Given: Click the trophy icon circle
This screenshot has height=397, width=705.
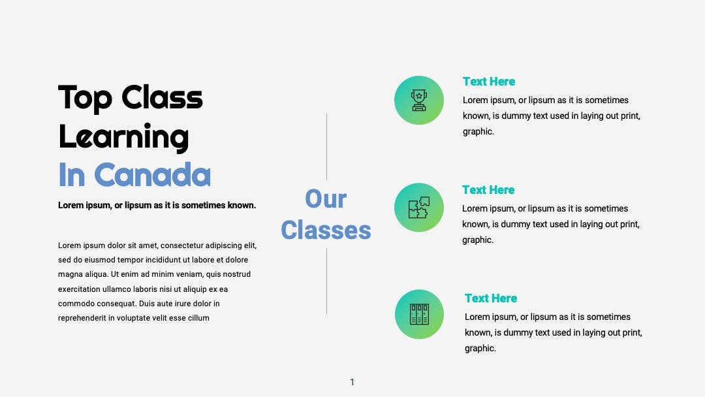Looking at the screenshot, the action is click(419, 101).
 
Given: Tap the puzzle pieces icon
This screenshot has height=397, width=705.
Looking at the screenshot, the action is click(419, 208).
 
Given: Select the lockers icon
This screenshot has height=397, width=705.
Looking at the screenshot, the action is click(420, 314).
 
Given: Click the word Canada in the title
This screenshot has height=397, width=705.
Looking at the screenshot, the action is click(152, 175).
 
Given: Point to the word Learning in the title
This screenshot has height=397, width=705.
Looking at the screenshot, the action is click(123, 137).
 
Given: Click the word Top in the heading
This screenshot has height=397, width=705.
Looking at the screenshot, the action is click(86, 98).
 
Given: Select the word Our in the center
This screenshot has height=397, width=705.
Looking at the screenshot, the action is click(326, 198).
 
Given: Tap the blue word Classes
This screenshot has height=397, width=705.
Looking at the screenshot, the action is click(326, 230).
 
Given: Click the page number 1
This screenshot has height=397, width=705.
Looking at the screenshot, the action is click(352, 382).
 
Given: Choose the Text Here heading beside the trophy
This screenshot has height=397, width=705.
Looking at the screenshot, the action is click(489, 82).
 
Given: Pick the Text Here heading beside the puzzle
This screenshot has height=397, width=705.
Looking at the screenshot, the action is click(488, 190).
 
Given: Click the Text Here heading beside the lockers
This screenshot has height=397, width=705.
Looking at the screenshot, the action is click(491, 298).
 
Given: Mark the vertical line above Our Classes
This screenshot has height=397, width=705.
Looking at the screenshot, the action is click(327, 146).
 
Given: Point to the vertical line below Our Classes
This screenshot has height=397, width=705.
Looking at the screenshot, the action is click(327, 281).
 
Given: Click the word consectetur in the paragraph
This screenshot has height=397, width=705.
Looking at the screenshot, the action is click(182, 246).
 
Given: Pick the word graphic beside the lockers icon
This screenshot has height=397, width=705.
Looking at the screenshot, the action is click(480, 349).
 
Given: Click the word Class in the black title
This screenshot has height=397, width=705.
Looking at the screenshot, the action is click(163, 97).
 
